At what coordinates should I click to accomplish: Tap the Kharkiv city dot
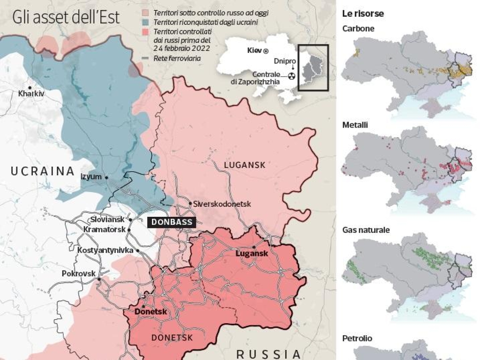[29, 88]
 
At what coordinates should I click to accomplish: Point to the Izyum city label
[91, 177]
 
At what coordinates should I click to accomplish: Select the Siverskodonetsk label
[222, 204]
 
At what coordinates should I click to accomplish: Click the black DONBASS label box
[172, 222]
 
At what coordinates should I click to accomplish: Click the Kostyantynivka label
[105, 250]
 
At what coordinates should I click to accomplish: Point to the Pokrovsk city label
[78, 274]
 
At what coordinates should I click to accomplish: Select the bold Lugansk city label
[252, 254]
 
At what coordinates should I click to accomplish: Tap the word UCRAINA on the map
[42, 172]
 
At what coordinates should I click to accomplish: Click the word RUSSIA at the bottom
[268, 354]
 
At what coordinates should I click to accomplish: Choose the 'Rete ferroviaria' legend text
[177, 59]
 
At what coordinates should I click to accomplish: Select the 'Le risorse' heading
[363, 14]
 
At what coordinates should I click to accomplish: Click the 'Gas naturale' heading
[366, 230]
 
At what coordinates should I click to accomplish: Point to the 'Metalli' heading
[355, 125]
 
